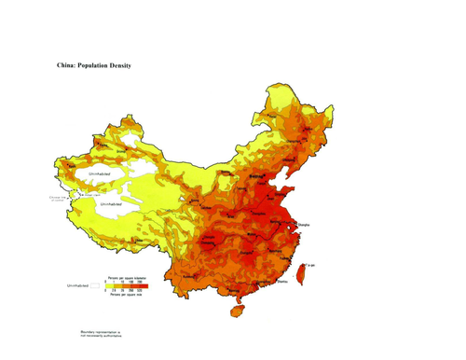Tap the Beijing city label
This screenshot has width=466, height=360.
click(x=254, y=175)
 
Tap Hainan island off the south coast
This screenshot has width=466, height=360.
click(x=239, y=305)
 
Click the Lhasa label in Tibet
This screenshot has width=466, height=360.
click(x=140, y=245)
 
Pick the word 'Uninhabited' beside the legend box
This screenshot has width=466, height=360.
click(x=75, y=284)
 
